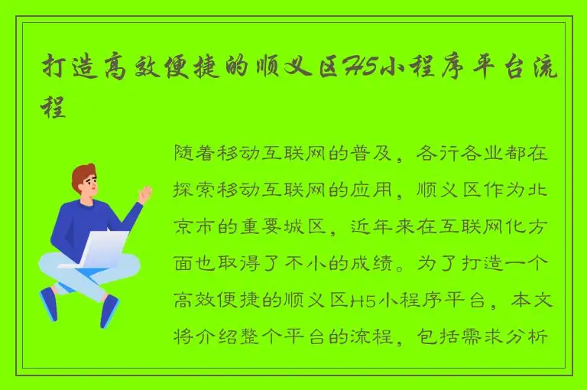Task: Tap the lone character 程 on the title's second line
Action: tap(53, 106)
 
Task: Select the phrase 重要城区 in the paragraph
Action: tap(287, 226)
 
